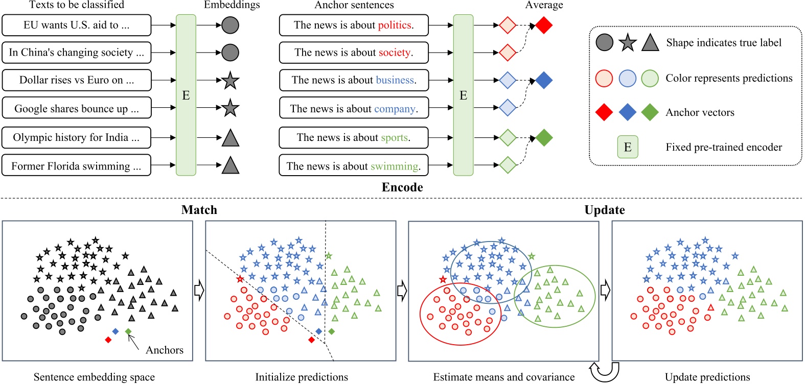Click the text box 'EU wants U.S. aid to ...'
(77, 25)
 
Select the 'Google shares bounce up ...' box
(77, 108)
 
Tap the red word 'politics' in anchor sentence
(395, 25)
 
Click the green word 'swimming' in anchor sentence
(395, 166)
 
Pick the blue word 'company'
(395, 109)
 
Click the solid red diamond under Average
(544, 25)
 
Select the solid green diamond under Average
(544, 138)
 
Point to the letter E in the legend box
(628, 147)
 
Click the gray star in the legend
(628, 43)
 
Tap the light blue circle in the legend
(628, 78)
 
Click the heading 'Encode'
(402, 187)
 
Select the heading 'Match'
(199, 210)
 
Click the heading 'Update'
(605, 210)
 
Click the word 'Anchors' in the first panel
(165, 350)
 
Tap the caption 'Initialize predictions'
(302, 377)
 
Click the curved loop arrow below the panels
(604, 372)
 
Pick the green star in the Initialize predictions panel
(329, 256)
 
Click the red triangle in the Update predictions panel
(710, 308)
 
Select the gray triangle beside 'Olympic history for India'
(231, 138)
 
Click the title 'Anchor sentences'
(354, 5)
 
